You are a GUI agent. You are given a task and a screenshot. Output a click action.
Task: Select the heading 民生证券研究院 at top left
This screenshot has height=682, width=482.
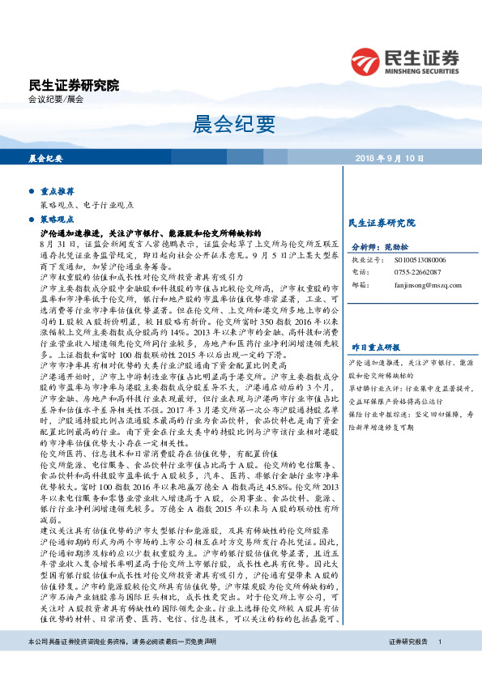[x=74, y=85]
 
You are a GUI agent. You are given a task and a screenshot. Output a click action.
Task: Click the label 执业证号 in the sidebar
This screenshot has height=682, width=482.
[x=365, y=261]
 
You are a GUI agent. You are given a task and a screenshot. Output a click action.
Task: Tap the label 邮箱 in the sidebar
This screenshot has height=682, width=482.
[x=359, y=285]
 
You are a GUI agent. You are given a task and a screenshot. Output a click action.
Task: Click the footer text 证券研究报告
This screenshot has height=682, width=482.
[x=407, y=664]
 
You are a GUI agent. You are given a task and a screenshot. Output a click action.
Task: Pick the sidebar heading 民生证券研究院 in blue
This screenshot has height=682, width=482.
[x=381, y=222]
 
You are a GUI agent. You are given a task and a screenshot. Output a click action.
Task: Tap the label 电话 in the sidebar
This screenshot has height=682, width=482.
[x=359, y=273]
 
